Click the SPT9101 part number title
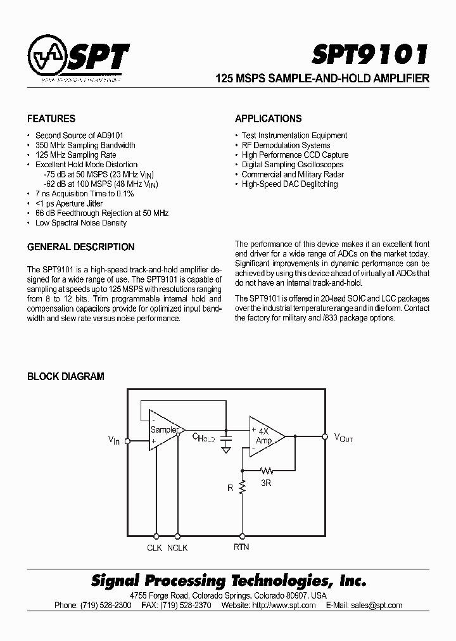coord(370,54)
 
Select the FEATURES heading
coord(51,118)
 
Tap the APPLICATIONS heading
coord(268,118)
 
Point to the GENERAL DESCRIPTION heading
coord(81,247)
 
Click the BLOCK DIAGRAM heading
coord(66,376)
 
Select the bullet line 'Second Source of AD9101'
coord(79,136)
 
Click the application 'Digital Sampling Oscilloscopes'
coord(293,165)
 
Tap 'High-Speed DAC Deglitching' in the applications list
coord(289,184)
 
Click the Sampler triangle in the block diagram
coord(164,430)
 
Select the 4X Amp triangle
coord(265,436)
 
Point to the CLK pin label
coord(155,548)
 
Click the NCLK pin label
coord(177,548)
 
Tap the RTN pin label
coord(241,547)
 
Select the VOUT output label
coord(343,437)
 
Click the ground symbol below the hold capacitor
coord(225,450)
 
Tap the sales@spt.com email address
coord(378,605)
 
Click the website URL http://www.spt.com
coord(284,605)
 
